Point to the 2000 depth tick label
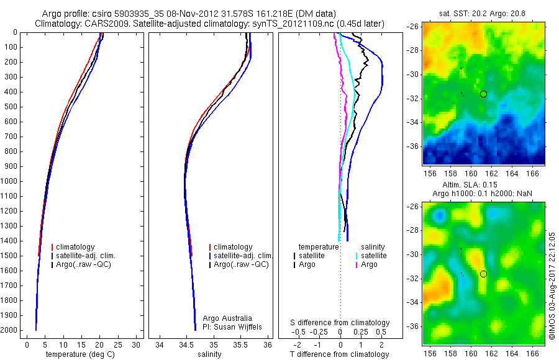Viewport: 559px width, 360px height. (x=10, y=330)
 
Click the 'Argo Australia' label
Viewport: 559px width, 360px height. (x=228, y=318)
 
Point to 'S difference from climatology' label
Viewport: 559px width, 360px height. (x=340, y=323)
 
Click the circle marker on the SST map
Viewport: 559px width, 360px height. (x=483, y=94)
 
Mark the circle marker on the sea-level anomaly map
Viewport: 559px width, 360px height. (x=483, y=274)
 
